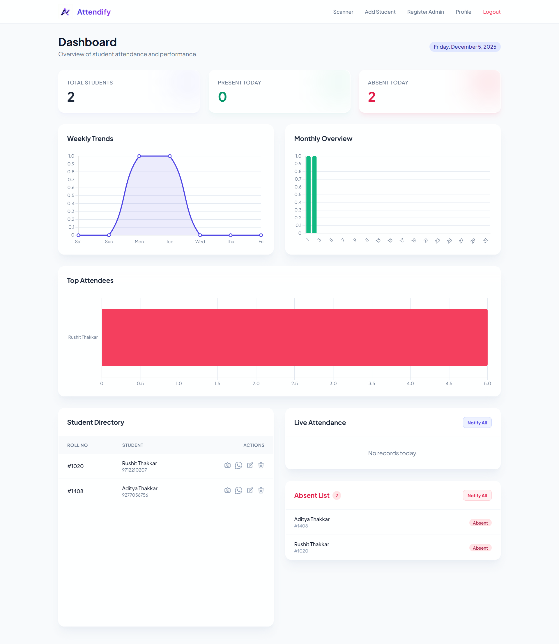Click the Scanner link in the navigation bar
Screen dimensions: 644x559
point(343,12)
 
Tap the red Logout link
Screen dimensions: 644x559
point(491,12)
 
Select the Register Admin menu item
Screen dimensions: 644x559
point(425,12)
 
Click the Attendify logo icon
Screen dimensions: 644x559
point(65,12)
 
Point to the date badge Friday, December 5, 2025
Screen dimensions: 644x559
point(464,47)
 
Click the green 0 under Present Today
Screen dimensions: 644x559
point(222,97)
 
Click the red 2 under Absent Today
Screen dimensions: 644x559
point(372,97)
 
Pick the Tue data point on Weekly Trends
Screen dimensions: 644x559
point(170,156)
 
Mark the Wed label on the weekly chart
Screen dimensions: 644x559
point(200,242)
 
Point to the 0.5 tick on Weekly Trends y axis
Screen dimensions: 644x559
point(71,195)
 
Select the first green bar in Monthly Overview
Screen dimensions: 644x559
point(308,194)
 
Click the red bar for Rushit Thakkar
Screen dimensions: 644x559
point(294,337)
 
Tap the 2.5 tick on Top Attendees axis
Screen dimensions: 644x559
point(294,384)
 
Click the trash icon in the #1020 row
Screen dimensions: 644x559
point(261,465)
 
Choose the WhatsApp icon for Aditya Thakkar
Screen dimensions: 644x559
point(239,490)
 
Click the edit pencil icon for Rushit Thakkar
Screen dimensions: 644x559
point(250,465)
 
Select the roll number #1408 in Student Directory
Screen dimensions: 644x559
point(75,491)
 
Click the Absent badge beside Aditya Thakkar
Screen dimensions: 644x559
point(480,523)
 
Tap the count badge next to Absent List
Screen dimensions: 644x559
point(337,495)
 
